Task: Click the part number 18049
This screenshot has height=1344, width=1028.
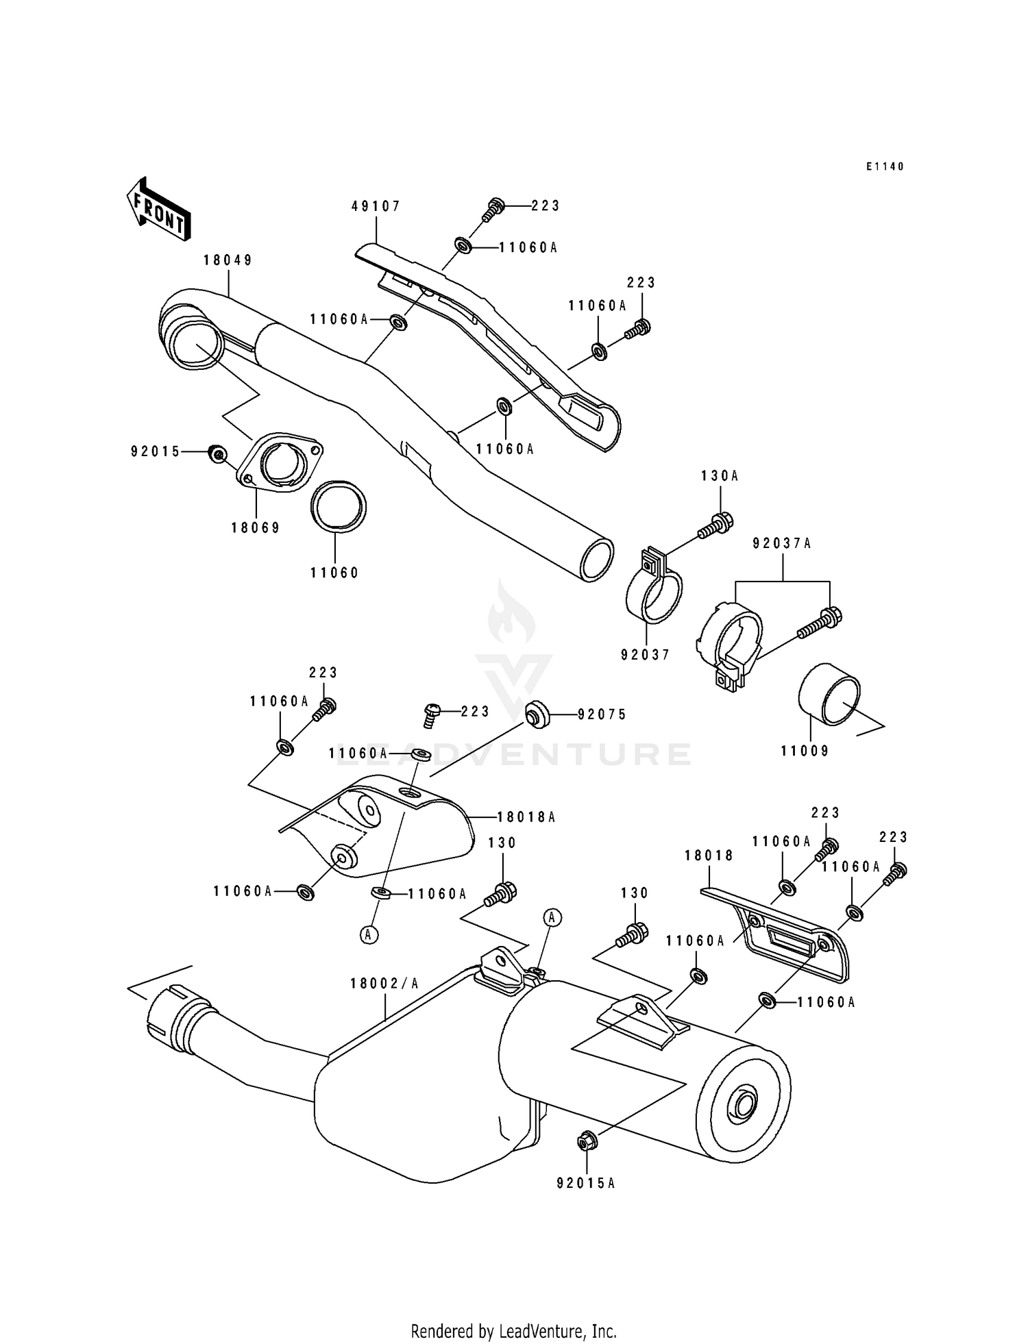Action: (228, 260)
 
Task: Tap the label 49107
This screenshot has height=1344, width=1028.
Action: (376, 206)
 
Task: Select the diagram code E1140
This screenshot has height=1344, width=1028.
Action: (885, 166)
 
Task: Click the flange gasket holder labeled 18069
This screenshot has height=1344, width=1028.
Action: (280, 462)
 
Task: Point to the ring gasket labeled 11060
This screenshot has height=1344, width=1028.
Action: (339, 507)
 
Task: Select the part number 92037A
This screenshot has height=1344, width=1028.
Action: (782, 544)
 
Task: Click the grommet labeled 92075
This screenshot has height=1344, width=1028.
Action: (537, 714)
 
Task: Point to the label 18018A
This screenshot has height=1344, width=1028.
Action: (526, 817)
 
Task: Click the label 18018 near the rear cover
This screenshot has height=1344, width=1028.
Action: (709, 856)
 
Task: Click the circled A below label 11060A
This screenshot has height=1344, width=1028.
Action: (369, 934)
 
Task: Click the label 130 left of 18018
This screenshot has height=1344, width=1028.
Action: (634, 893)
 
